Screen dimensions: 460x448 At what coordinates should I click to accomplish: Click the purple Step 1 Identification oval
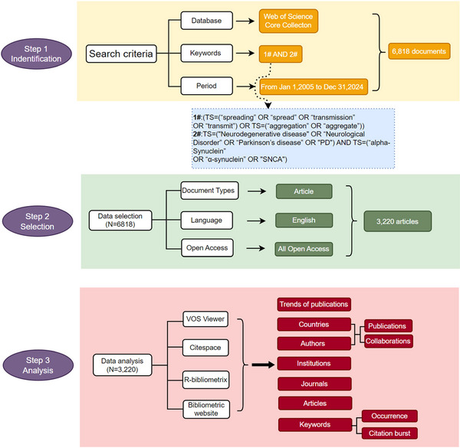coord(36,54)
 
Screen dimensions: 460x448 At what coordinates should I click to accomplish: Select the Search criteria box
coord(121,54)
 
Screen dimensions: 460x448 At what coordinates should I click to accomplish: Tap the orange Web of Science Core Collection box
coord(288,21)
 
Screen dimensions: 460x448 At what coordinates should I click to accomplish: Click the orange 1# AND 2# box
coord(281,54)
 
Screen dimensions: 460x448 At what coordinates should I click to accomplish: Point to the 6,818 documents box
coord(419,51)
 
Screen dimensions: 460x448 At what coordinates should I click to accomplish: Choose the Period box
coord(206,86)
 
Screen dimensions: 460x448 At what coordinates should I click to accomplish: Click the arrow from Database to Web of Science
coord(245,21)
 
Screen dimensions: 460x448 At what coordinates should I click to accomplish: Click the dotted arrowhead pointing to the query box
coord(268,106)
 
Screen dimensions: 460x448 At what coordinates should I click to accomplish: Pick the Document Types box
coord(209,191)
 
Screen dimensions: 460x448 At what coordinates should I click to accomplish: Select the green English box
coord(304,221)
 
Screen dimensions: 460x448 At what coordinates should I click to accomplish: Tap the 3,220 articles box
coord(397,221)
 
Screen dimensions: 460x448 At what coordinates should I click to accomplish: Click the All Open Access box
coord(304,249)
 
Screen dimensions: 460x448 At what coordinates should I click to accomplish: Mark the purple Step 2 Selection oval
coord(38,221)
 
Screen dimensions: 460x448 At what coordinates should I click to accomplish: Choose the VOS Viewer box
coord(205,319)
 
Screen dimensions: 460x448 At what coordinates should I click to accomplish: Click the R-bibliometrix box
coord(205,380)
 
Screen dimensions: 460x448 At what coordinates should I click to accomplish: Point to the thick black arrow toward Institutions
coord(263,365)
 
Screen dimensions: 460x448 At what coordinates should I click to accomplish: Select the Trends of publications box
coord(314,305)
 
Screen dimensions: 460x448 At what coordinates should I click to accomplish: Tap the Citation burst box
coord(389,433)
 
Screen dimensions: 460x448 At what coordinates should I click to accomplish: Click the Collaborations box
coord(388,342)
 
